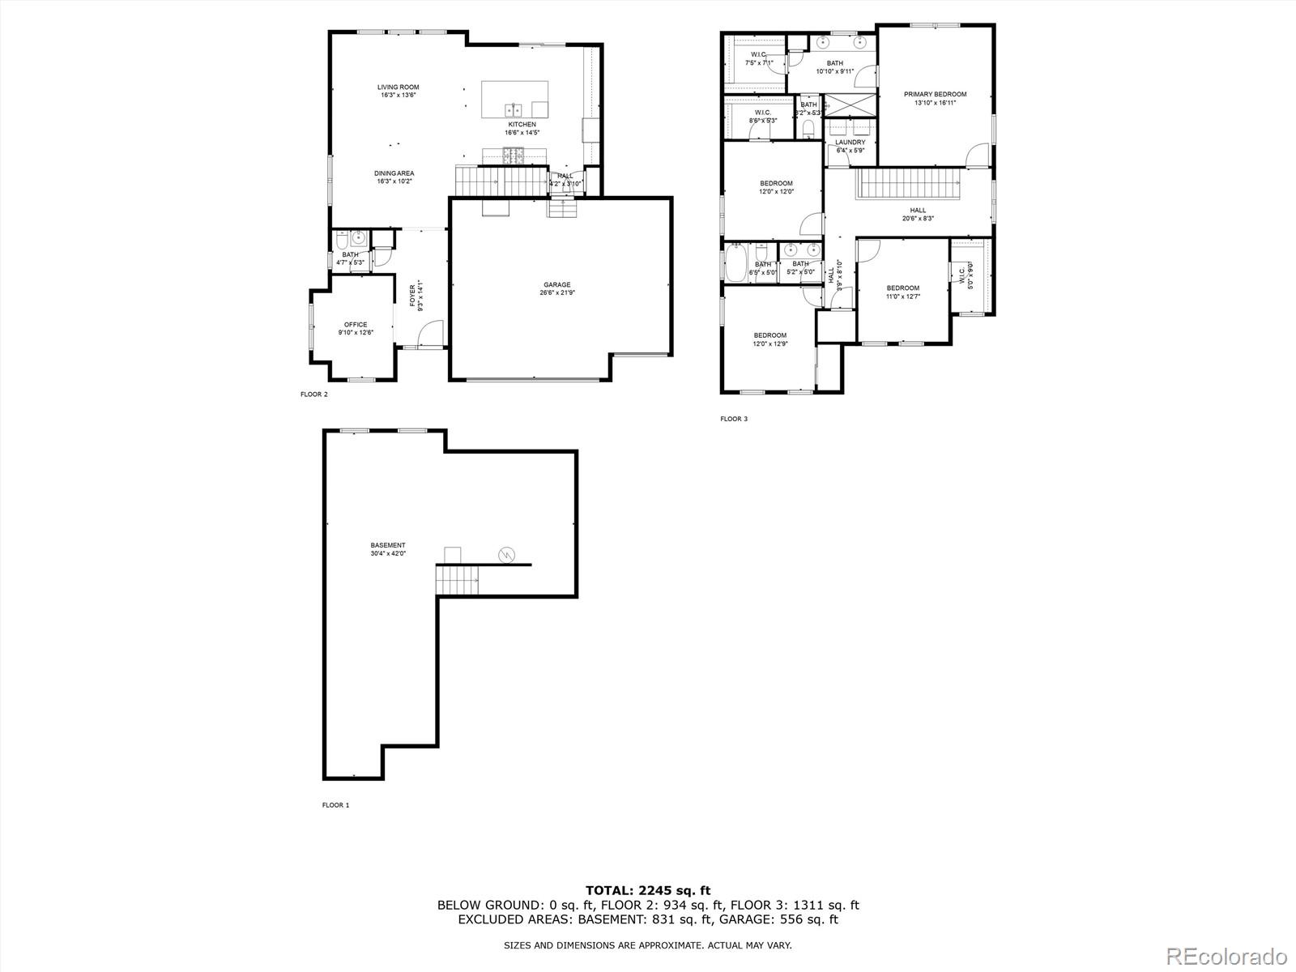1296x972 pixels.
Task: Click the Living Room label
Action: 398,87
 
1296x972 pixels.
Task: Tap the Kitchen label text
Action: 522,125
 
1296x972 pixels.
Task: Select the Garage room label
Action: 556,285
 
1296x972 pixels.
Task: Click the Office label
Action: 355,325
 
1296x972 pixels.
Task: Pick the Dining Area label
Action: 394,173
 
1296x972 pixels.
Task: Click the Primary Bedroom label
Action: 935,95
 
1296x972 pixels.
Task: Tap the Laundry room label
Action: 850,143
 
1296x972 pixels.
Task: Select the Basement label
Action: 388,545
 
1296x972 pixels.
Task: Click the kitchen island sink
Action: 514,109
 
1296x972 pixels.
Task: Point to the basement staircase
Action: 457,581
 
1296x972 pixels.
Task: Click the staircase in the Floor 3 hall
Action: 908,183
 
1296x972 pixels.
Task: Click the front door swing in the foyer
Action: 433,333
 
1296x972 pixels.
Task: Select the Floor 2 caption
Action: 313,394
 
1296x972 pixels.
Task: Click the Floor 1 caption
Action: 335,805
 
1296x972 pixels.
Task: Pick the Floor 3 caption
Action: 734,419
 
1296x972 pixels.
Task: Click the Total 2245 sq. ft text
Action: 648,891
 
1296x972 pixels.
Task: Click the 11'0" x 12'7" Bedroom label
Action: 902,288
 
